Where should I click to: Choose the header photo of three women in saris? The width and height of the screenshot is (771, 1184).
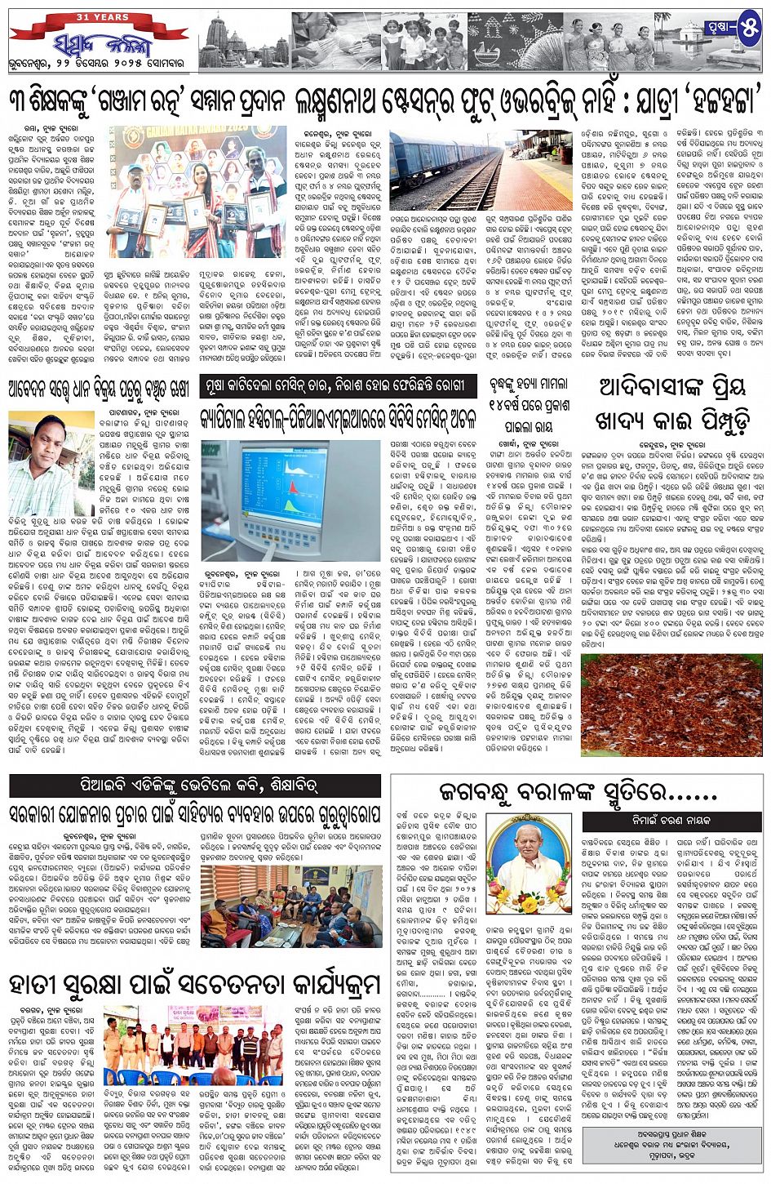click(605, 41)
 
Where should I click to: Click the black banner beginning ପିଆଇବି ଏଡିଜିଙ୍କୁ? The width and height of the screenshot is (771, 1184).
click(195, 786)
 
